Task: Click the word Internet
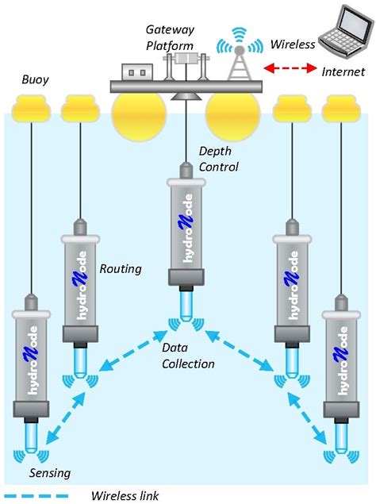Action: [x=343, y=71]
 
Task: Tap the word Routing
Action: [x=120, y=269]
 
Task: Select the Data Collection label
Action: [x=187, y=356]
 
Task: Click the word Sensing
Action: [x=49, y=474]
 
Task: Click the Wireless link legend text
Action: [x=125, y=495]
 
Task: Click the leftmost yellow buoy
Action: [x=32, y=104]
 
